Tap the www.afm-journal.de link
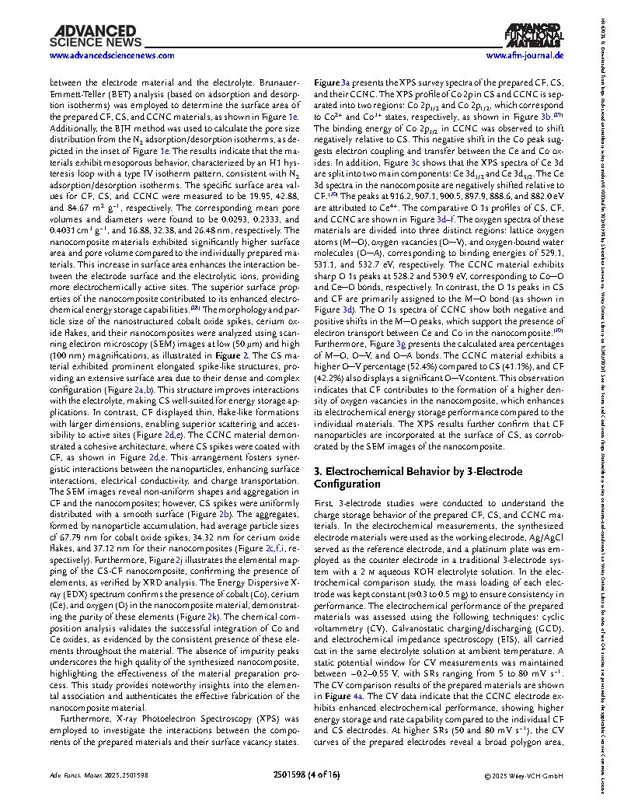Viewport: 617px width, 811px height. pos(525,57)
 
